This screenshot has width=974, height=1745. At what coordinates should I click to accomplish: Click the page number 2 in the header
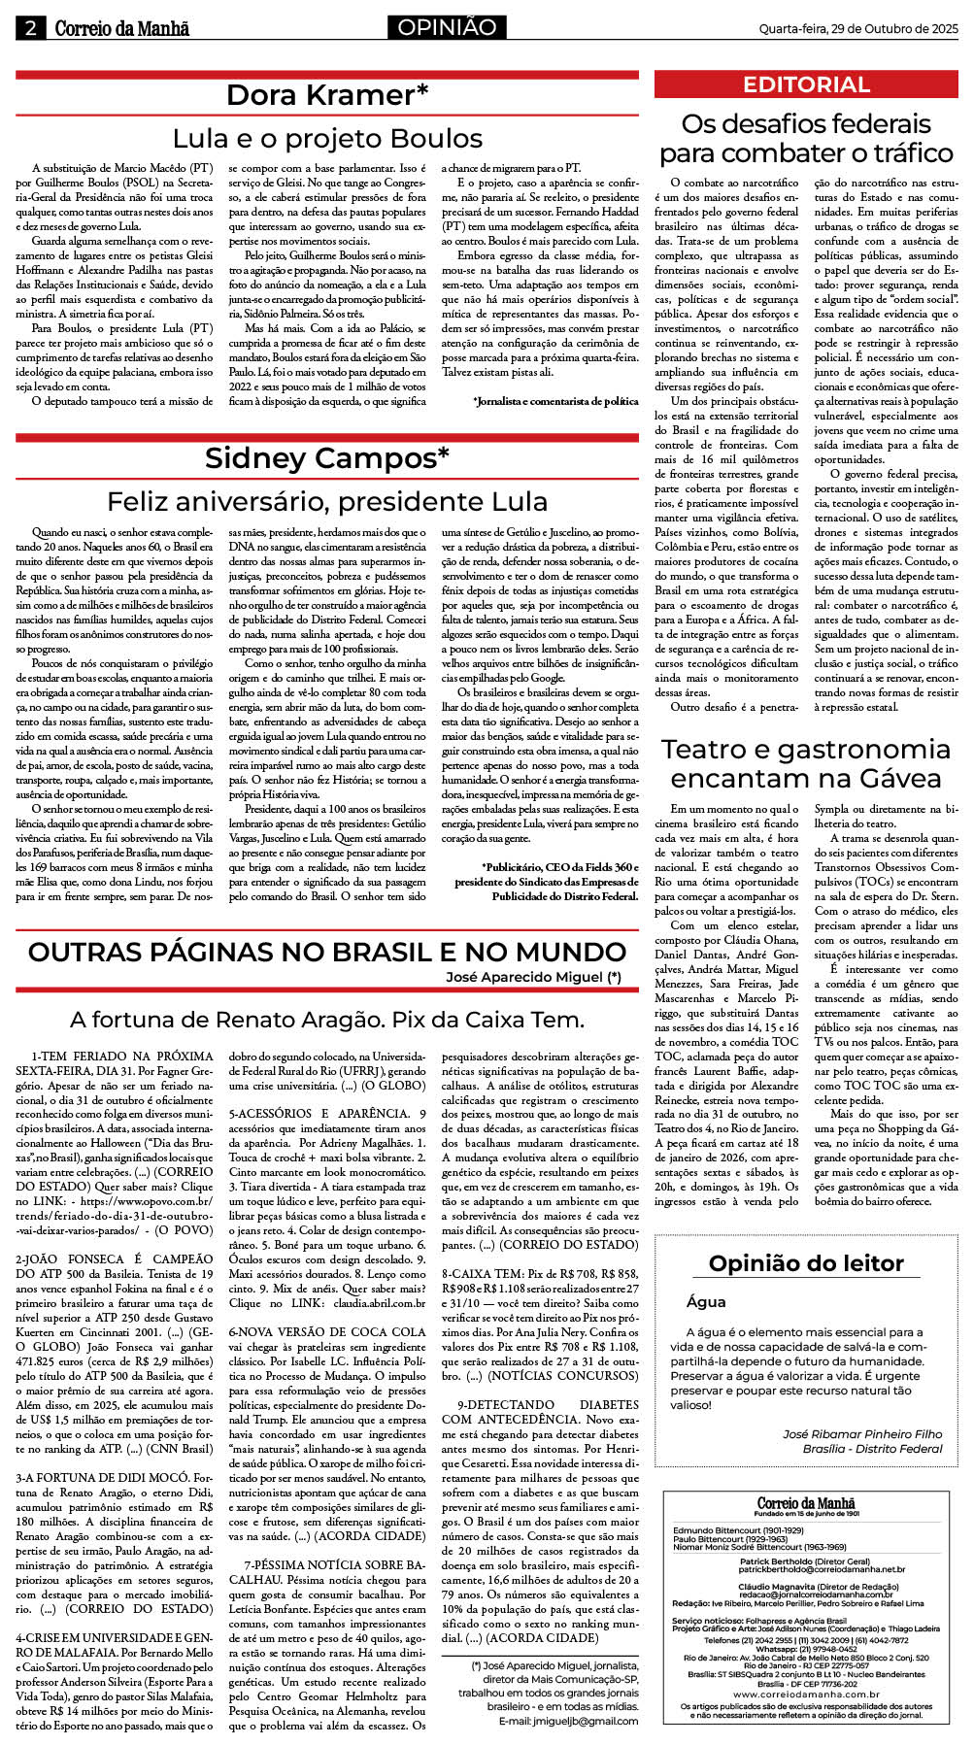(x=30, y=28)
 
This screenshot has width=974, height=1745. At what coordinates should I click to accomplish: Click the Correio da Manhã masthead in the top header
(x=122, y=29)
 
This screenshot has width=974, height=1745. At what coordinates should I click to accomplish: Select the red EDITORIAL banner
(x=806, y=84)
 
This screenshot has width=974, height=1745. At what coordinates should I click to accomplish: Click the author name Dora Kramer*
(x=327, y=95)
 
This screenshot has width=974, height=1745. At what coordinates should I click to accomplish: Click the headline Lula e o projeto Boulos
(x=327, y=139)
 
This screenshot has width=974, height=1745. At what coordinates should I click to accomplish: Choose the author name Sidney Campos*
(x=327, y=458)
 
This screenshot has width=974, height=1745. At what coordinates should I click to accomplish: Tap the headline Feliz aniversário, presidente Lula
(x=327, y=502)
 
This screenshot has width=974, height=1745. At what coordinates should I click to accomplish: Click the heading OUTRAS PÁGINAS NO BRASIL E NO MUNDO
(x=327, y=952)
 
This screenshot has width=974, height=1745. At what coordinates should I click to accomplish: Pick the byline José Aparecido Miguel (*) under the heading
(x=533, y=977)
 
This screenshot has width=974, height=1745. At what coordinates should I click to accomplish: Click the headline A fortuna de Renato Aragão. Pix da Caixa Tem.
(x=327, y=1020)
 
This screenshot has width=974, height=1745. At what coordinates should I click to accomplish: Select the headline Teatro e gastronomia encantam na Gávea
(x=806, y=763)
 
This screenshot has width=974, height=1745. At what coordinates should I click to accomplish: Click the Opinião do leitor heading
(x=806, y=1263)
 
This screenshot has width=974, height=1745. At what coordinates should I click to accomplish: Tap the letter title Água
(x=706, y=1302)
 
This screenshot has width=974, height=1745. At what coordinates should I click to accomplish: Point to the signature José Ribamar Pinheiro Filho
(x=862, y=1433)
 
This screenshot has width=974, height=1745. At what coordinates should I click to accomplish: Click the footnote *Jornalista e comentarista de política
(x=555, y=401)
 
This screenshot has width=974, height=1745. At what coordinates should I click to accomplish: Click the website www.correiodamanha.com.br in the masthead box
(x=806, y=1694)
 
